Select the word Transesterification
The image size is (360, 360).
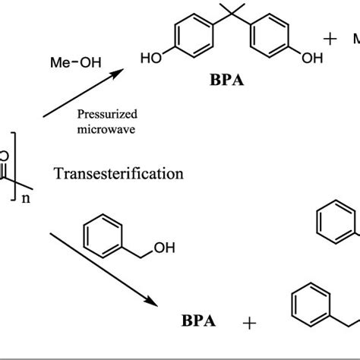click(x=119, y=173)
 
